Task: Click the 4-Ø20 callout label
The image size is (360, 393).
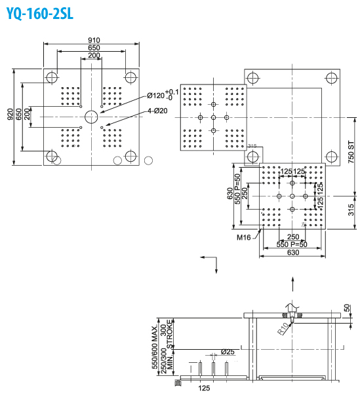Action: pyautogui.click(x=157, y=111)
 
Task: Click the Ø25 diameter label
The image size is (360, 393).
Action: pyautogui.click(x=227, y=352)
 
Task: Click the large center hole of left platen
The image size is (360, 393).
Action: pyautogui.click(x=91, y=117)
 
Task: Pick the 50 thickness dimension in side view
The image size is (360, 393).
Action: pyautogui.click(x=347, y=309)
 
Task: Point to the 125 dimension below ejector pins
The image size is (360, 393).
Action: pyautogui.click(x=204, y=388)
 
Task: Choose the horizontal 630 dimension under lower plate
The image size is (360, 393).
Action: pyautogui.click(x=292, y=252)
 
